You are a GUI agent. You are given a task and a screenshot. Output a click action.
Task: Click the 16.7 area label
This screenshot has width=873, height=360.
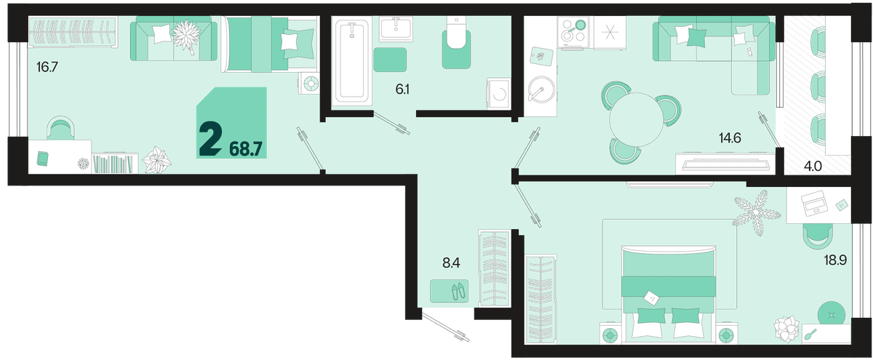47,68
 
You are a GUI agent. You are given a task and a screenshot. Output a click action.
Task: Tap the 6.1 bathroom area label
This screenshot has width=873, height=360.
402,89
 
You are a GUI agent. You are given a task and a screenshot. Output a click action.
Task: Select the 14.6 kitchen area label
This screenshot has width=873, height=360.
730,137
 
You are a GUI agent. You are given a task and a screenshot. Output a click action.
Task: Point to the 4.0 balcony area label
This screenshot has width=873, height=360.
813,167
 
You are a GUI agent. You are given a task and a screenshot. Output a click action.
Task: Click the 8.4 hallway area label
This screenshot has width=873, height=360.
451,263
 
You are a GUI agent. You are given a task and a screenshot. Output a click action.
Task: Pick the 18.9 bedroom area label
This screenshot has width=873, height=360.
835,260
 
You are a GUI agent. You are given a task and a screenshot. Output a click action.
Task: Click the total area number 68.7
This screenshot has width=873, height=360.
246,149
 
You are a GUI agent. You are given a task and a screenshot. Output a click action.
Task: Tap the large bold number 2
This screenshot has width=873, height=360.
210,138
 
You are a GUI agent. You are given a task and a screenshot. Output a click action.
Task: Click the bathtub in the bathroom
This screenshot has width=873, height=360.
351,60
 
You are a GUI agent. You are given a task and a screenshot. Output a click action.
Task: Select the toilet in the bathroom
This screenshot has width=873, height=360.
456,43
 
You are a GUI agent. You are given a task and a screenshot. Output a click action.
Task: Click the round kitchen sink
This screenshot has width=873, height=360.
541,89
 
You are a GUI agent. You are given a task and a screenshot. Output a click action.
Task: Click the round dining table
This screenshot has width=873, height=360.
636,119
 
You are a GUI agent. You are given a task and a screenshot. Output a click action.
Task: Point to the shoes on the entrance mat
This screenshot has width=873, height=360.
458,291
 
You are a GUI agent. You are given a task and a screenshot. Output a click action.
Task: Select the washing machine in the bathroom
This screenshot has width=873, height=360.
498,94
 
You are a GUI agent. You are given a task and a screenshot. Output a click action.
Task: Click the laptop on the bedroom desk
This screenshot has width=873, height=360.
814,203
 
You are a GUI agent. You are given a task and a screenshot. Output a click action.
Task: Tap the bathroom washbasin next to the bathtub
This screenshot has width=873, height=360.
396,29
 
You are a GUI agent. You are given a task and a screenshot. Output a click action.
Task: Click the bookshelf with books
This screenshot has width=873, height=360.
115,163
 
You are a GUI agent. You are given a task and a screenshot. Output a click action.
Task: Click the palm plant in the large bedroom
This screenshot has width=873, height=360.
756,212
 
